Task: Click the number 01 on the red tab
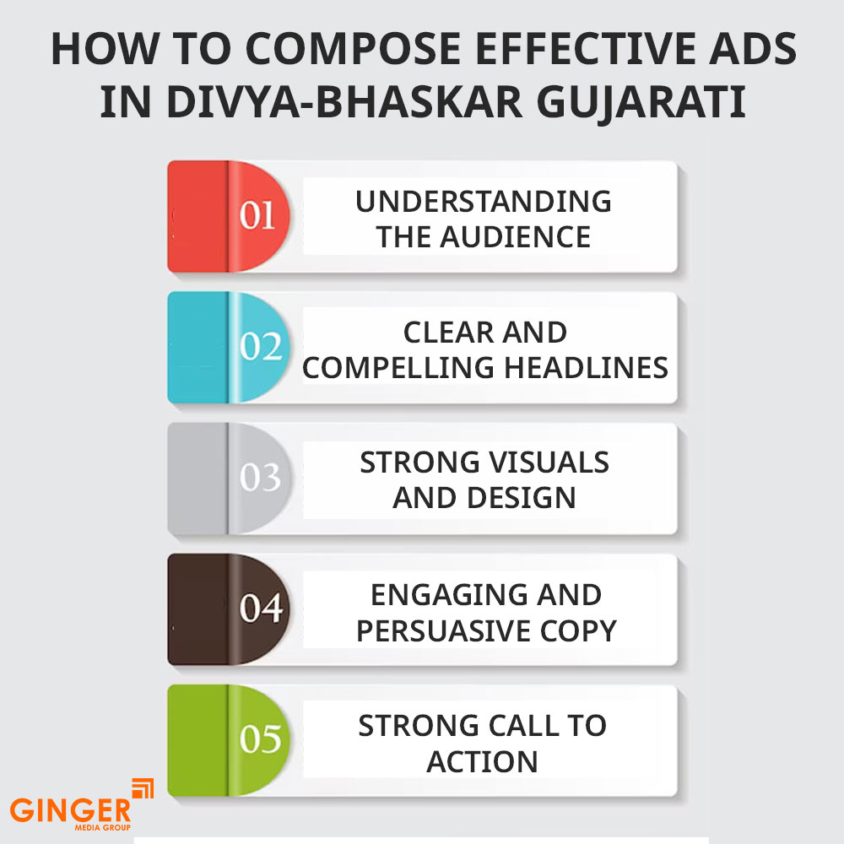coord(257,215)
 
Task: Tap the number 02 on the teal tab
coord(261,346)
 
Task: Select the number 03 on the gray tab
coord(261,477)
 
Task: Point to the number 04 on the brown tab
coord(261,608)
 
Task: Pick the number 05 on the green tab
coord(261,738)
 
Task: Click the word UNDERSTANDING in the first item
coord(484,202)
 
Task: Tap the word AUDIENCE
coord(515,237)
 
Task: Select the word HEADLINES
coord(587,368)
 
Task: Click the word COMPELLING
coord(398,368)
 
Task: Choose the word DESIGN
coord(522,498)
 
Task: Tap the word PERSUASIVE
coord(443,630)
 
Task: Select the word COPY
coord(578,630)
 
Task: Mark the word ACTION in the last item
coord(482,761)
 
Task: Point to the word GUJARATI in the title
coord(641,103)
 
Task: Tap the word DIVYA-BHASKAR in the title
coord(344,102)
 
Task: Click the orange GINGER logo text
coord(70,810)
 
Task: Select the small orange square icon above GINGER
coord(143,788)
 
